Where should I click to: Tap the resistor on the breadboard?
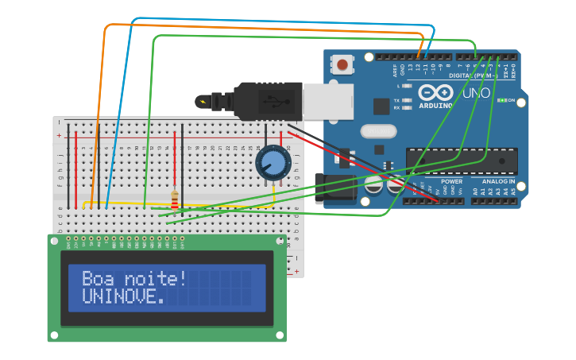[x=175, y=199]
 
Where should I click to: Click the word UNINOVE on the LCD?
[x=123, y=296]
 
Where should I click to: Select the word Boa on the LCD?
[x=98, y=279]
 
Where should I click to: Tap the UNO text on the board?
[x=476, y=93]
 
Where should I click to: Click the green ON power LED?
[x=501, y=100]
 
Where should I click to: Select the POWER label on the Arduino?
[x=451, y=182]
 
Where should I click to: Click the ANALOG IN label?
[x=495, y=182]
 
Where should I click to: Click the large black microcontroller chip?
[x=462, y=161]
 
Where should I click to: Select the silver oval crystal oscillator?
[x=377, y=131]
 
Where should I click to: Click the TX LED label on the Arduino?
[x=397, y=100]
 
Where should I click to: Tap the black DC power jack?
[x=337, y=188]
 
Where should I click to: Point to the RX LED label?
[x=397, y=107]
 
